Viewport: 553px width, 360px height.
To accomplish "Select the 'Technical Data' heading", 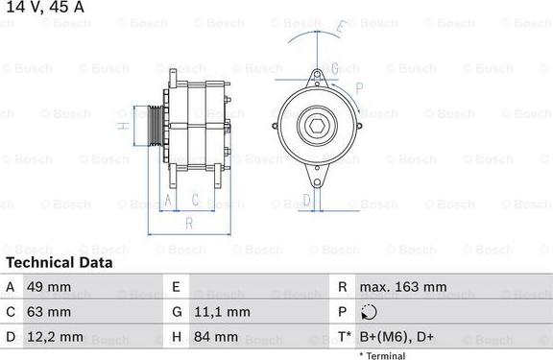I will coord(59,262).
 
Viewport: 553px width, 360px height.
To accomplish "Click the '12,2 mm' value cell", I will coord(55,337).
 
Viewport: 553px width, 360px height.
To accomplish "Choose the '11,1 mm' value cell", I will coord(224,312).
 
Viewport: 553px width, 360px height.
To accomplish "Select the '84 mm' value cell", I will coord(217,337).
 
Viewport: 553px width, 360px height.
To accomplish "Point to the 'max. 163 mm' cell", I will coord(402,287).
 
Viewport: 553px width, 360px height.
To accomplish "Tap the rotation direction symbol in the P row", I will coord(370,312).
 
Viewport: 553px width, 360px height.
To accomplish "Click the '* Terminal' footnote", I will coord(382,355).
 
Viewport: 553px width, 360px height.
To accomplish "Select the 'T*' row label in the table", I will coord(343,337).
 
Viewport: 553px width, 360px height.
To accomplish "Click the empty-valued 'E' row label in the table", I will coord(176,287).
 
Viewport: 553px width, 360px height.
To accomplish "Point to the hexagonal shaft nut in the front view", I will coord(317,126).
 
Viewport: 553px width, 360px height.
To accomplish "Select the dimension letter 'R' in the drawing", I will coord(189,223).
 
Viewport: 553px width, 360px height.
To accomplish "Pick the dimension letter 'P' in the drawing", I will coord(358,87).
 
